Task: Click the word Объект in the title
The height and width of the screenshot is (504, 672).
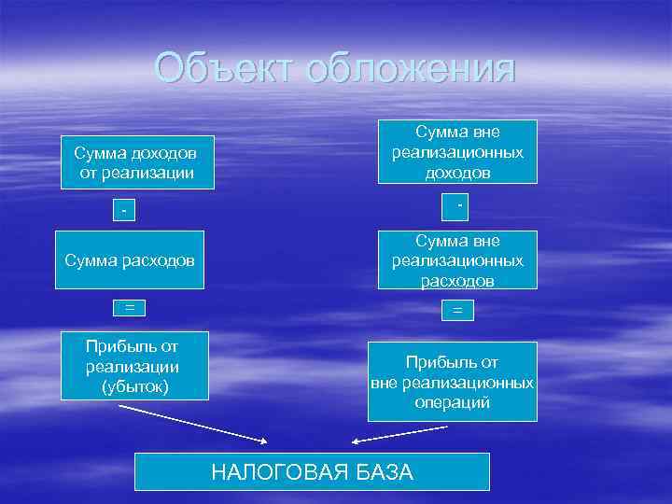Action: pyautogui.click(x=220, y=68)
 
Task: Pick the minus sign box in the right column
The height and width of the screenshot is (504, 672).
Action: pyautogui.click(x=457, y=203)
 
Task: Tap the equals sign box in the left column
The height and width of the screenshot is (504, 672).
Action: pyautogui.click(x=130, y=307)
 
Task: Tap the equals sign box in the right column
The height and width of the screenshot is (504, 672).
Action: pyautogui.click(x=457, y=311)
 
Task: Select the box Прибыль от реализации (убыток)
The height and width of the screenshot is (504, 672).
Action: pyautogui.click(x=131, y=365)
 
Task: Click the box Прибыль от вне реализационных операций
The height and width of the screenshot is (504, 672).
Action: pyautogui.click(x=453, y=381)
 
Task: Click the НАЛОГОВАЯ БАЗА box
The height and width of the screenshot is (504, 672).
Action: pyautogui.click(x=312, y=471)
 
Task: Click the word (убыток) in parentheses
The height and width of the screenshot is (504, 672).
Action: pyautogui.click(x=132, y=385)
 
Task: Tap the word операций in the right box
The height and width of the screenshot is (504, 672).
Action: pyautogui.click(x=453, y=402)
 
